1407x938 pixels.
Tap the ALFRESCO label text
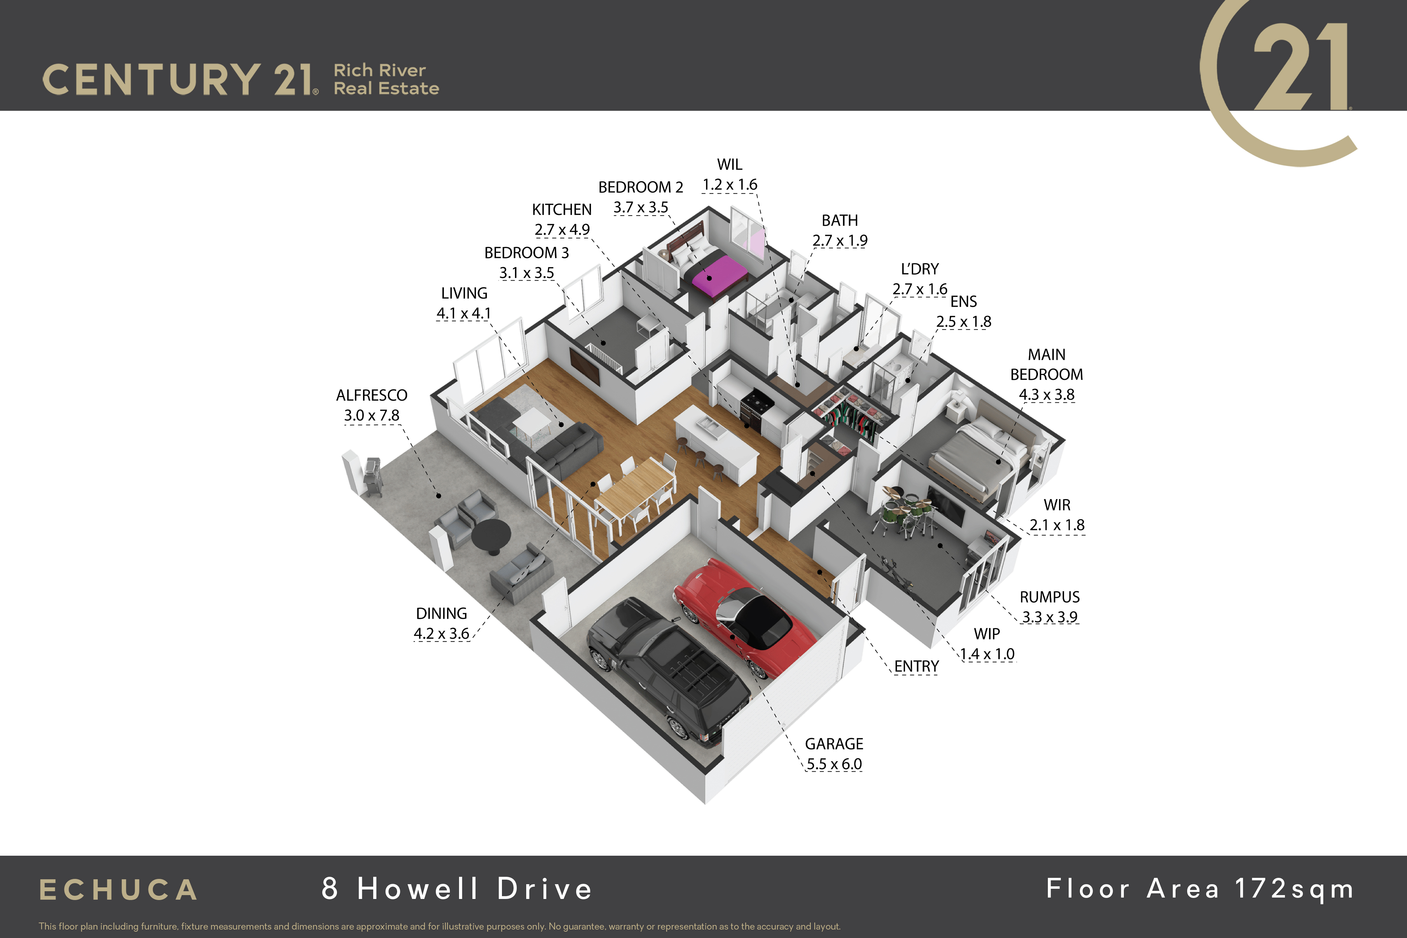[371, 395]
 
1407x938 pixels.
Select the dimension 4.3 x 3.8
[1047, 395]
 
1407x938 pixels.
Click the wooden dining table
[634, 489]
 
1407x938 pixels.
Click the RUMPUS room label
[1050, 596]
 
